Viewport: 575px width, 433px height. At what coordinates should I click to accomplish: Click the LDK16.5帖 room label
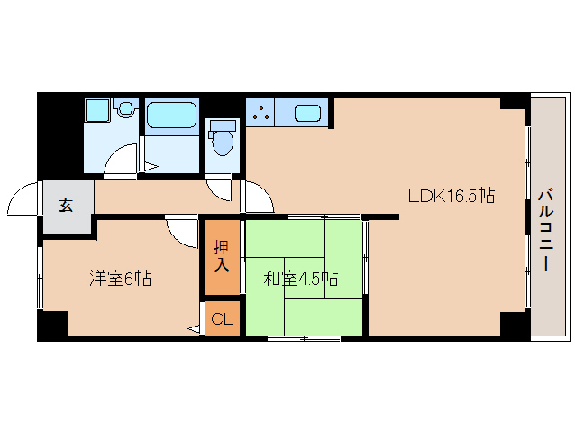pyautogui.click(x=451, y=195)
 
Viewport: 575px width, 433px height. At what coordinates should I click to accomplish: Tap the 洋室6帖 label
pyautogui.click(x=120, y=278)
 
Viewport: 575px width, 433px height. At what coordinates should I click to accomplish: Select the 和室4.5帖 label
pyautogui.click(x=300, y=278)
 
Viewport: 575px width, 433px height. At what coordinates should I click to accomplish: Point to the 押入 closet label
pyautogui.click(x=221, y=255)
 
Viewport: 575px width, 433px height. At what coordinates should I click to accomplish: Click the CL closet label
pyautogui.click(x=222, y=319)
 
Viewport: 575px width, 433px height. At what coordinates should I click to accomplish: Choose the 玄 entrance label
pyautogui.click(x=67, y=205)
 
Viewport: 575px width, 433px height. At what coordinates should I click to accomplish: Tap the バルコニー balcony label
pyautogui.click(x=546, y=230)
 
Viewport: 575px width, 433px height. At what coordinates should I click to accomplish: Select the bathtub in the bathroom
pyautogui.click(x=171, y=115)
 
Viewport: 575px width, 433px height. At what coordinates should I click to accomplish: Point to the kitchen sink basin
pyautogui.click(x=307, y=114)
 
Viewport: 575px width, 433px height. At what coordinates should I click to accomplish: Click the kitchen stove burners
pyautogui.click(x=260, y=114)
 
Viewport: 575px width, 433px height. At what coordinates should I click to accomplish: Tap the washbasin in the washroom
pyautogui.click(x=96, y=112)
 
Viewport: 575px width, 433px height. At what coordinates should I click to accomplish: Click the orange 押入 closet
pyautogui.click(x=221, y=256)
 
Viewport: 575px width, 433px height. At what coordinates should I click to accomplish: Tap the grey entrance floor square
pyautogui.click(x=67, y=205)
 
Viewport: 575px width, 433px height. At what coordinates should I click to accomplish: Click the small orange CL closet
pyautogui.click(x=222, y=319)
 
